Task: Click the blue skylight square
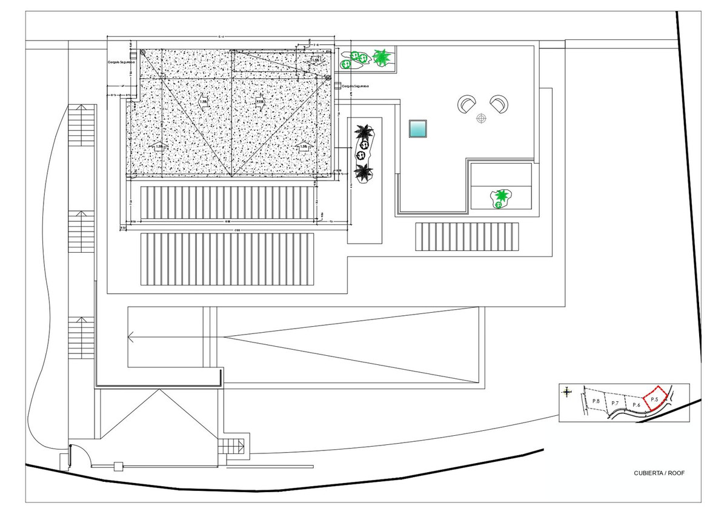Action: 418,128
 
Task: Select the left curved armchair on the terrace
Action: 466,104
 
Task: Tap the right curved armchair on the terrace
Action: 499,104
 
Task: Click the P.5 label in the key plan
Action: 654,399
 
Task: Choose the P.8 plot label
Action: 596,402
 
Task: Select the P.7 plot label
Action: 615,404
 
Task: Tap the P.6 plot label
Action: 636,404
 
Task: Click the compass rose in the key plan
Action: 566,392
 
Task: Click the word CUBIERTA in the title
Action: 648,473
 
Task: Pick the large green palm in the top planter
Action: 382,57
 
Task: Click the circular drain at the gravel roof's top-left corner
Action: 142,53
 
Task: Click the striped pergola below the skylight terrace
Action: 467,236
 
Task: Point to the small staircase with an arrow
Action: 232,447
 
